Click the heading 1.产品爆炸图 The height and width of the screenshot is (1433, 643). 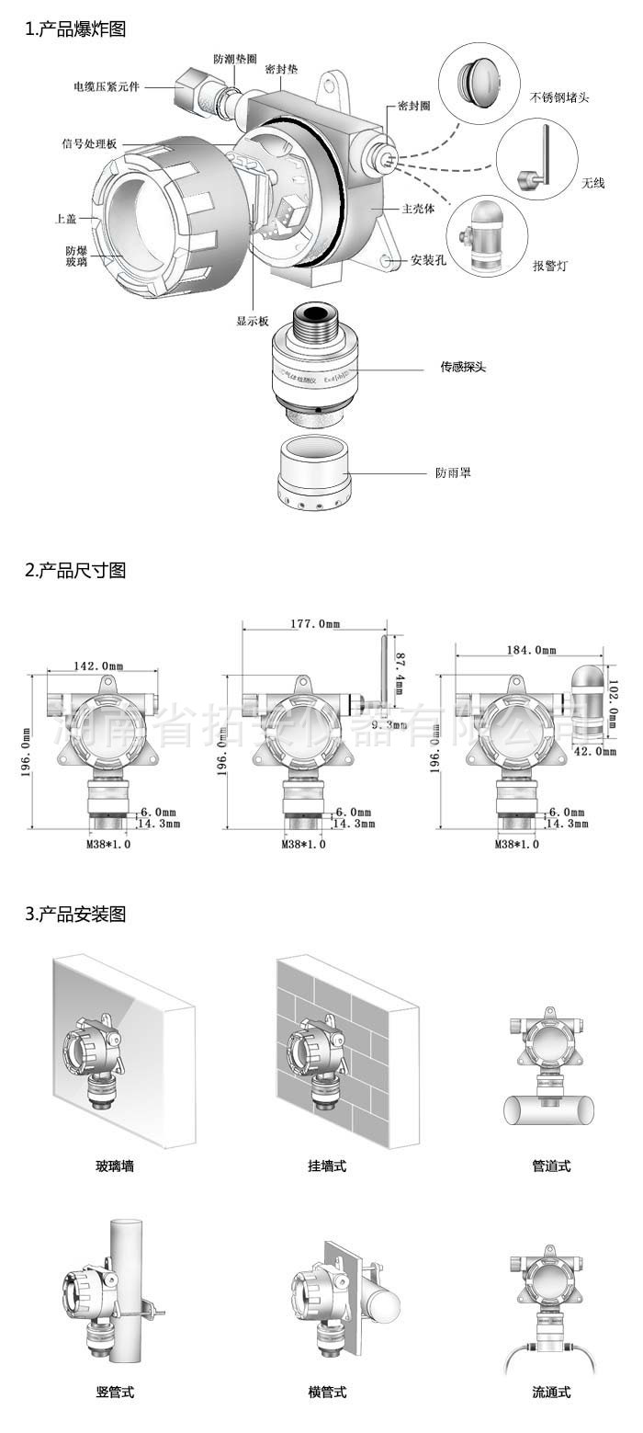[x=75, y=29]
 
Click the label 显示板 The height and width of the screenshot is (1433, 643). [x=253, y=321]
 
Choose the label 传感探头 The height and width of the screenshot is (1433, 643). [x=462, y=367]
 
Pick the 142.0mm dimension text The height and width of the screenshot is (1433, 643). [x=99, y=665]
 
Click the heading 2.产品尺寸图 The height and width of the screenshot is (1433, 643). [x=75, y=570]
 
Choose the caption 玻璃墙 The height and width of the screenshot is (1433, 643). [x=115, y=1166]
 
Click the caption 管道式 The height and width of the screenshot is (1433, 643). [x=551, y=1166]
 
